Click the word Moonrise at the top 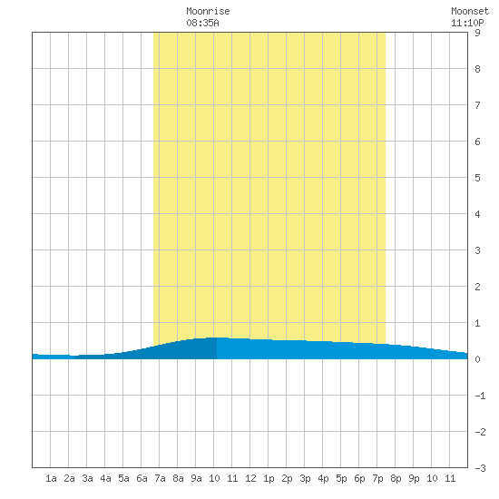(x=208, y=11)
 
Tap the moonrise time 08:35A (x=202, y=23)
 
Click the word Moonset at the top (x=470, y=11)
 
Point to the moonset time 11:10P (x=467, y=23)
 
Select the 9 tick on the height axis (x=477, y=33)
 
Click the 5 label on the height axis (x=477, y=178)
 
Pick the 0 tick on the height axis (x=477, y=359)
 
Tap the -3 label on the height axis (x=480, y=468)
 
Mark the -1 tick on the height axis (x=480, y=396)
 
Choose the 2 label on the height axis (x=477, y=287)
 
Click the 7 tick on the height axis (x=477, y=105)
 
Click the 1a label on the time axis (x=51, y=478)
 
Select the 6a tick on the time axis (x=142, y=478)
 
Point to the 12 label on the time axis (x=250, y=478)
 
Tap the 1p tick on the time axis (x=269, y=478)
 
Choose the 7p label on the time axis (x=377, y=478)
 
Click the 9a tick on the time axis (x=196, y=478)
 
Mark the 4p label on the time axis (x=323, y=478)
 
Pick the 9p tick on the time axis (x=414, y=478)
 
